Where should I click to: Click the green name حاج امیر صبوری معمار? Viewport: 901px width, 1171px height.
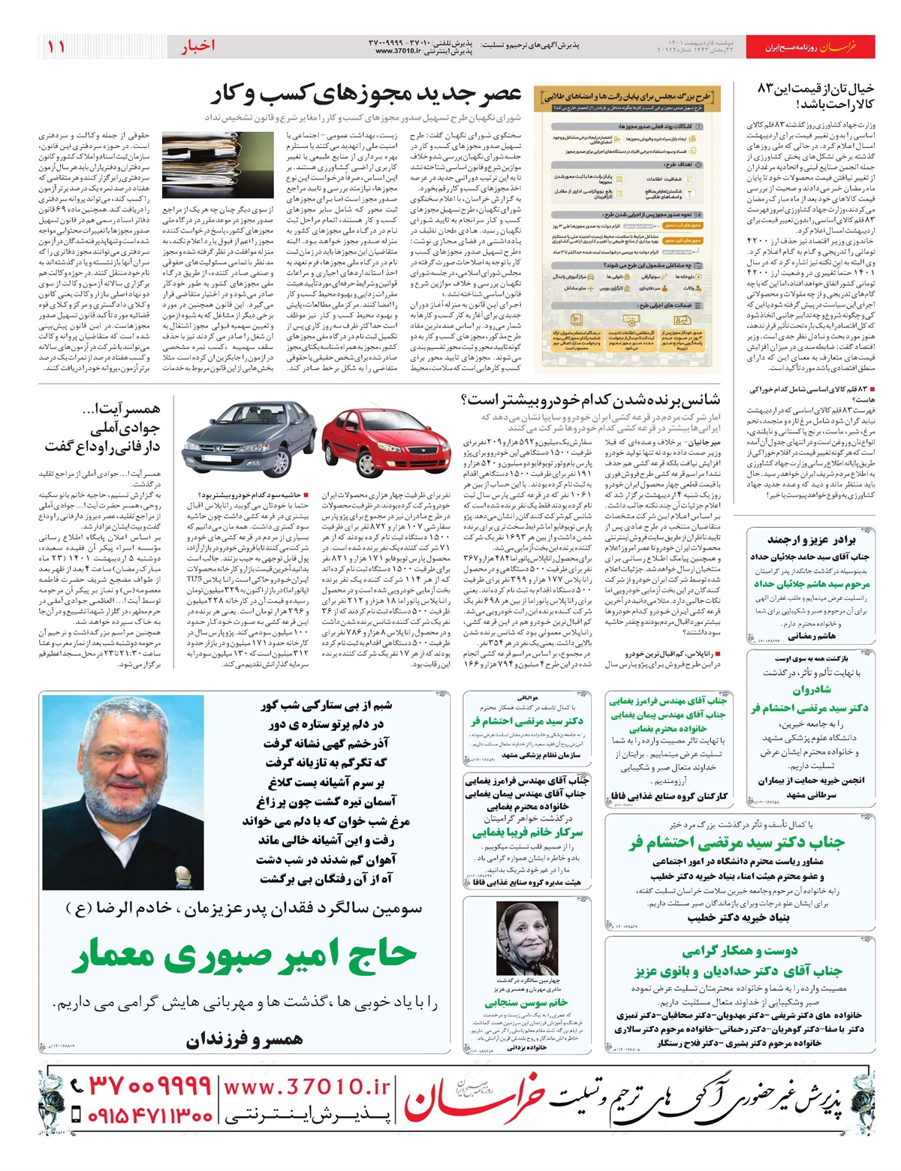245,956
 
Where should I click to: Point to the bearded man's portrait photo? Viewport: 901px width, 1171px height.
119,790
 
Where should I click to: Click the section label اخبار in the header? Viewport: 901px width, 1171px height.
197,47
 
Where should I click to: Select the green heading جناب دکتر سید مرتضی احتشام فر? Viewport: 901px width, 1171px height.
736,842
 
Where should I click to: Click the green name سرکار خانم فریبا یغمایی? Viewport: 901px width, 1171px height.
527,832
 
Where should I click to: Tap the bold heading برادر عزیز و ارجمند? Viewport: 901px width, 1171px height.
811,540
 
